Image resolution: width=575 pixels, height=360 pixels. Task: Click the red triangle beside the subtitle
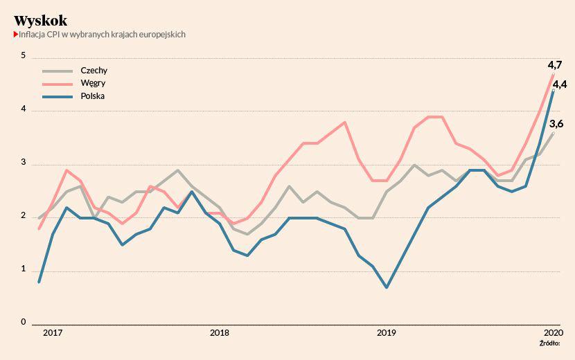(15, 34)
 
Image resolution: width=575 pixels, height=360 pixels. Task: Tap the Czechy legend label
(94, 71)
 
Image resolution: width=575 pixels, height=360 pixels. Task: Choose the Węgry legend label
(93, 83)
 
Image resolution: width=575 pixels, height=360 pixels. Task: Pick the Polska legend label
(93, 96)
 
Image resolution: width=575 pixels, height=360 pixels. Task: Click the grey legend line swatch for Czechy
(57, 71)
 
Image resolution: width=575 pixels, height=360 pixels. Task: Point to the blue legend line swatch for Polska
(57, 96)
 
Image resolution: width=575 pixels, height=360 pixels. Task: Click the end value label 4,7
(554, 65)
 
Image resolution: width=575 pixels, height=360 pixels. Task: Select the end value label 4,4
(560, 84)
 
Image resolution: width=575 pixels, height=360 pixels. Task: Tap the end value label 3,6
(556, 124)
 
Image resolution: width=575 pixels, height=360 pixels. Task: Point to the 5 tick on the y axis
(23, 56)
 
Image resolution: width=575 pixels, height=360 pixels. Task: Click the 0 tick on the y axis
(23, 322)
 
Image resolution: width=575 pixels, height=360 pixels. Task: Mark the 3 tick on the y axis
(23, 163)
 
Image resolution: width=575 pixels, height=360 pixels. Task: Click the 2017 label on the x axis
(53, 333)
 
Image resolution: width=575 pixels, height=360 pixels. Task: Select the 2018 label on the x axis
(220, 333)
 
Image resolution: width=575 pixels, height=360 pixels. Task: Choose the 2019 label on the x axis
(386, 333)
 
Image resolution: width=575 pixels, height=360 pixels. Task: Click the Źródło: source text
(549, 343)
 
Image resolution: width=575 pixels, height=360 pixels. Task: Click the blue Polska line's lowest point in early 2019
(386, 287)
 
